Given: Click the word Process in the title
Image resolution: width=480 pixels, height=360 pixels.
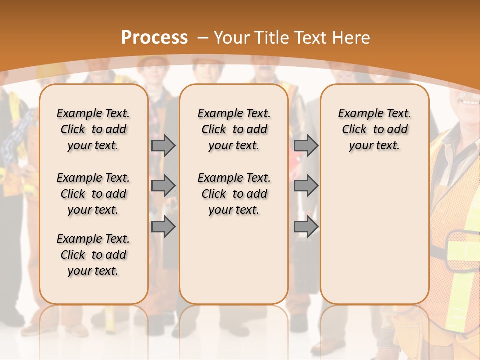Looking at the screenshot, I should click(x=154, y=38).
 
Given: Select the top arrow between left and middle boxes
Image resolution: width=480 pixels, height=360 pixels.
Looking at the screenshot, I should click(x=163, y=145).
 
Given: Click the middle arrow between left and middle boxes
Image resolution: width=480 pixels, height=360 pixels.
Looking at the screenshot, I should click(x=163, y=186).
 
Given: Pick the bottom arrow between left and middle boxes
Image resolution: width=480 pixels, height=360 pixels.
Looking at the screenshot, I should click(x=163, y=227).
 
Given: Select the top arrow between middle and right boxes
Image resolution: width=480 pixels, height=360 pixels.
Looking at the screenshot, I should click(x=306, y=145).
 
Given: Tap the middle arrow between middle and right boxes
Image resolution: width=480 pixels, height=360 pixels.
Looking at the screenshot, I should click(x=306, y=186).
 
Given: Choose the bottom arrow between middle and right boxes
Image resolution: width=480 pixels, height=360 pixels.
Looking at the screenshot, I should click(x=306, y=227).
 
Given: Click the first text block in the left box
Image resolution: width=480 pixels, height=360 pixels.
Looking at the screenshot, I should click(x=93, y=129).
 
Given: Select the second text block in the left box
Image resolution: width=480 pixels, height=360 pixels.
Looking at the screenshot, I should click(x=93, y=194).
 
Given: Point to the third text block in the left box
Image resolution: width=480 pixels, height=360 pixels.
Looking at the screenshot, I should click(x=93, y=255).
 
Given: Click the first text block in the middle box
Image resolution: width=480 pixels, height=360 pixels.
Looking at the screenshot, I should click(x=234, y=129).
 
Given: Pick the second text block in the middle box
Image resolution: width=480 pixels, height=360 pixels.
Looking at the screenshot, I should click(x=234, y=194).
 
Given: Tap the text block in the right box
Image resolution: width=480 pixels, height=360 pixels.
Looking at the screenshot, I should click(x=375, y=129).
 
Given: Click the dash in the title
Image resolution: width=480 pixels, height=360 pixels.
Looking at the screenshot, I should click(x=203, y=38).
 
